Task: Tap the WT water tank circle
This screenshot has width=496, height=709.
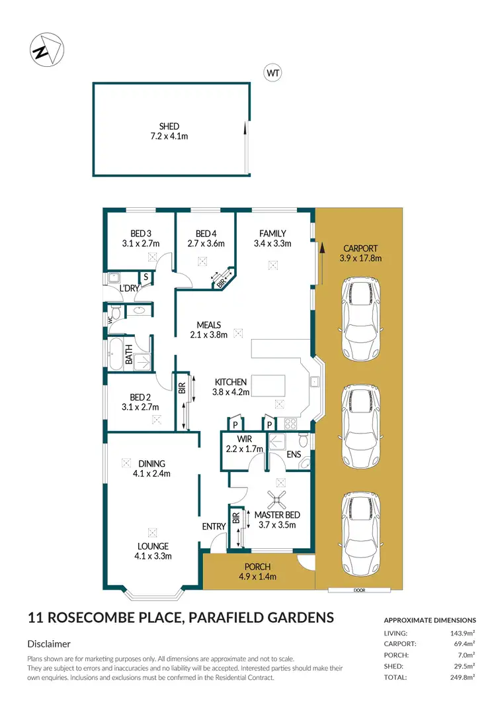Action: click(x=272, y=73)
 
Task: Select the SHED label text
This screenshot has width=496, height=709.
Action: click(x=169, y=126)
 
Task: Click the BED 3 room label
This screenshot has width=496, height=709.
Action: click(x=141, y=233)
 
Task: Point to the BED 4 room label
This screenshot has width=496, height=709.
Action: click(x=206, y=233)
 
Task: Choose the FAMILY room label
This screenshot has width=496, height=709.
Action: click(x=272, y=233)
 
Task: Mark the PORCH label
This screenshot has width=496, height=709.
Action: click(x=258, y=566)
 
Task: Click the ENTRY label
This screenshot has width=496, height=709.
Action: click(x=214, y=526)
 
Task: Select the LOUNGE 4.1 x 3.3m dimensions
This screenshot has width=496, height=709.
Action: click(x=153, y=556)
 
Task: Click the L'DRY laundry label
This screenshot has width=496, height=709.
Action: click(x=128, y=289)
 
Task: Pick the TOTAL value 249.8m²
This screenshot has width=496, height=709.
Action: click(x=462, y=677)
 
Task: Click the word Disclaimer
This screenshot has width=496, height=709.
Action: click(x=49, y=643)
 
